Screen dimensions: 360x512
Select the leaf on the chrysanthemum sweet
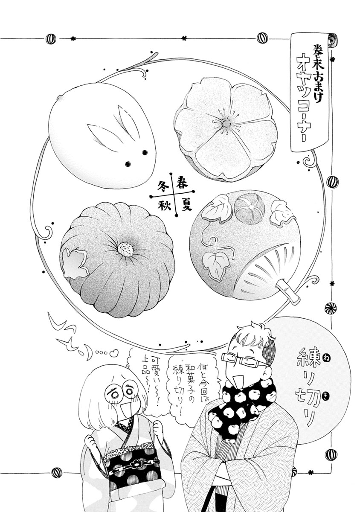pyautogui.click(x=75, y=264)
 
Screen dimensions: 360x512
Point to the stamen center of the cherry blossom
pyautogui.click(x=226, y=123)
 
